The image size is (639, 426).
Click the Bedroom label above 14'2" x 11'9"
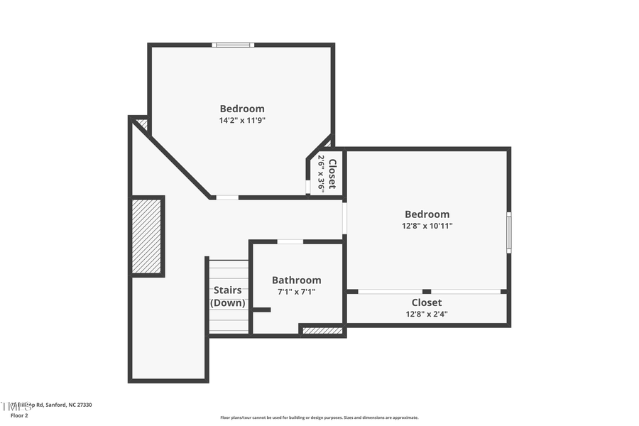[x=242, y=109]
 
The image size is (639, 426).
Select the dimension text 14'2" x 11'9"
[x=242, y=121]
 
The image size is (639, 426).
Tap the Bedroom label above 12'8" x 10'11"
[x=427, y=214]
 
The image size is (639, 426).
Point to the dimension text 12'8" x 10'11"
[x=427, y=226]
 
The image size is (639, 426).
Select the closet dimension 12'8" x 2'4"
[x=427, y=314]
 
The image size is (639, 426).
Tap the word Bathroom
[x=296, y=280]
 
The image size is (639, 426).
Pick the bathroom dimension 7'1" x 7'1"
[x=296, y=292]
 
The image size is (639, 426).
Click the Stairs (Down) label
[x=228, y=296]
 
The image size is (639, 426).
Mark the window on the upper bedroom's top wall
[x=233, y=45]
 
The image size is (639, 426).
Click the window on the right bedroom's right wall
[x=508, y=232]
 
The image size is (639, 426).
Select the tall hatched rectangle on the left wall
[x=147, y=236]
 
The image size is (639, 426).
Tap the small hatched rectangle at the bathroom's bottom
[x=322, y=330]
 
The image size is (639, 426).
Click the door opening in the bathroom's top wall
[x=290, y=242]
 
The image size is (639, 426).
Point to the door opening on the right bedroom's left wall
[x=345, y=219]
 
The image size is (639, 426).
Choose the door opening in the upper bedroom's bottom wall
[x=227, y=197]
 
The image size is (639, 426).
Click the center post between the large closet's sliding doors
[x=427, y=291]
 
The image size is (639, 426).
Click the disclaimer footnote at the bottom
[x=319, y=417]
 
